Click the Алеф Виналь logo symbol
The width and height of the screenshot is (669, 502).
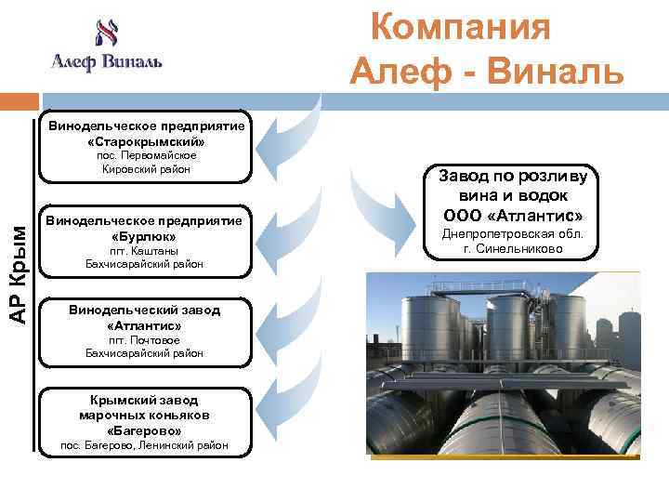click(106, 33)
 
